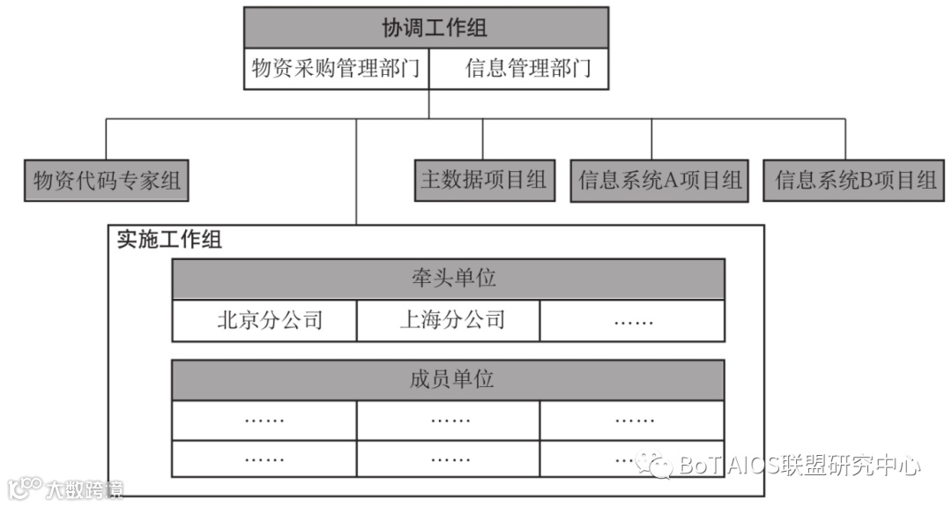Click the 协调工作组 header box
[x=426, y=28]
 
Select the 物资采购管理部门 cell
[x=336, y=69]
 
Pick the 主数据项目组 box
[x=484, y=180]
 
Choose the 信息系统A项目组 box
[x=659, y=181]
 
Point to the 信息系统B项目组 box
[x=855, y=181]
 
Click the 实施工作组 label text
[x=169, y=240]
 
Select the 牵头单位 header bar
[x=448, y=280]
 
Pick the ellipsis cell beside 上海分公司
[x=633, y=321]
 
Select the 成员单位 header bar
[x=448, y=380]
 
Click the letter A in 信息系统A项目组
[x=669, y=181]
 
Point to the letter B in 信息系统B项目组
[x=866, y=181]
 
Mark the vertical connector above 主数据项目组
[x=483, y=138]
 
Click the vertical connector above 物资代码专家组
[x=107, y=138]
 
